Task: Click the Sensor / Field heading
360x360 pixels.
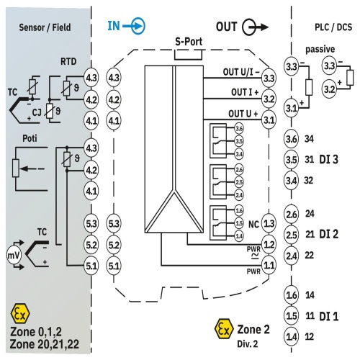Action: [x=45, y=27]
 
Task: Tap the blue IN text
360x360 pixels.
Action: [x=114, y=26]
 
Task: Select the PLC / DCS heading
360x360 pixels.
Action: [x=333, y=27]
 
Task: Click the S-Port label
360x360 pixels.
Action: [x=189, y=42]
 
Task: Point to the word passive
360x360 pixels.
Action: [x=320, y=49]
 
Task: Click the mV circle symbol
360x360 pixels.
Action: [x=14, y=256]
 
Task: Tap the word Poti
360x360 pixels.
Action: [x=30, y=138]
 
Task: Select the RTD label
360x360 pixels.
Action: [x=68, y=62]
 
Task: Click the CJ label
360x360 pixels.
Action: [x=37, y=112]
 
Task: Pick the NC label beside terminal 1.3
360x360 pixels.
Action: [x=253, y=225]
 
